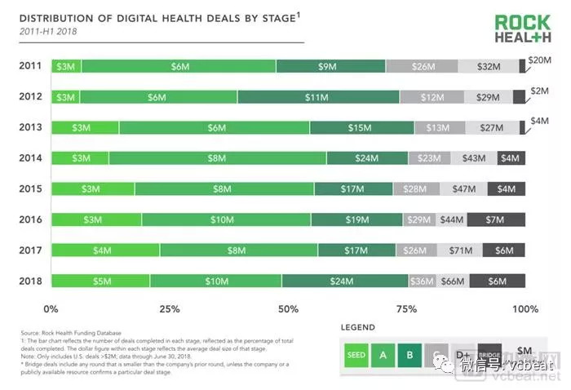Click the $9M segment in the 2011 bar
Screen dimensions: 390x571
tap(330, 67)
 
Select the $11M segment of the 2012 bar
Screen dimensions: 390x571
tap(317, 97)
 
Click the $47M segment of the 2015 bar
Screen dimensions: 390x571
tap(463, 189)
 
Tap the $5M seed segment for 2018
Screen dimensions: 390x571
tap(80, 281)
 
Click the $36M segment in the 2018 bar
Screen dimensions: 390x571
tap(422, 281)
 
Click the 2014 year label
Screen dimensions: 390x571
tap(31, 158)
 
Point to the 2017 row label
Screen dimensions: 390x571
tap(31, 250)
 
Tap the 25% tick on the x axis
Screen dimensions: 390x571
tap(170, 309)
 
